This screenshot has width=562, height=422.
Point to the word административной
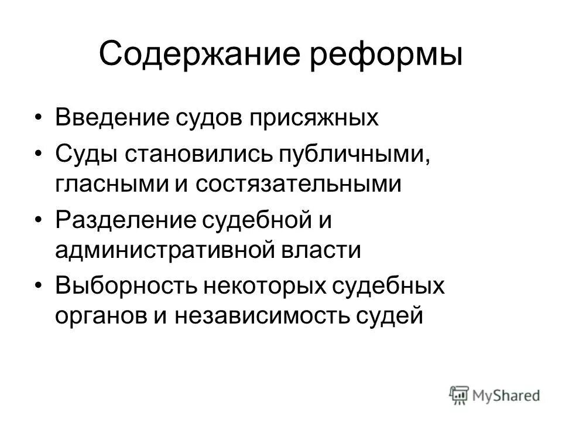[168, 251]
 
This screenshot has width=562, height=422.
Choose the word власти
[324, 251]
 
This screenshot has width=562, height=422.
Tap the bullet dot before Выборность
[39, 286]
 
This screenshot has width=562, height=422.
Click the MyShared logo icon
[459, 394]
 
